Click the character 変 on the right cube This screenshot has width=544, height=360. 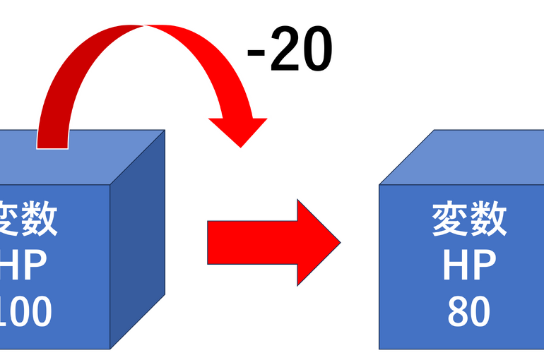[450, 220]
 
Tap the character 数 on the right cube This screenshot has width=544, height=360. [488, 220]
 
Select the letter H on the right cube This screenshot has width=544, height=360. [456, 266]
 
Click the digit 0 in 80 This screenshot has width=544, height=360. [480, 313]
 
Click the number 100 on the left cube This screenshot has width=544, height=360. [25, 313]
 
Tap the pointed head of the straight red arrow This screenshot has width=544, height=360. [318, 243]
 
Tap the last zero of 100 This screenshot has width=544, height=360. [39, 313]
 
